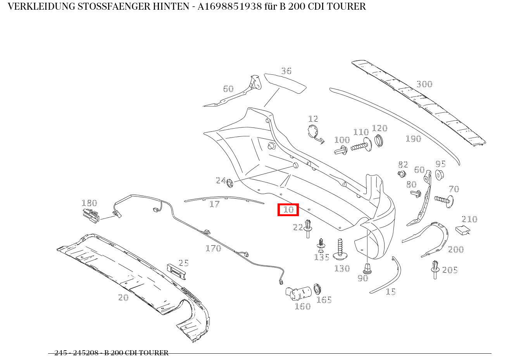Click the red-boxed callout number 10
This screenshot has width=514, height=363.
pyautogui.click(x=288, y=210)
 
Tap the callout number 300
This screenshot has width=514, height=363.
pyautogui.click(x=424, y=84)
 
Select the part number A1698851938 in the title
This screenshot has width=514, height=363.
pyautogui.click(x=229, y=7)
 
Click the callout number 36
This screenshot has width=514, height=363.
pyautogui.click(x=286, y=71)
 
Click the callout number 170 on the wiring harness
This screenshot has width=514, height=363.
pyautogui.click(x=213, y=248)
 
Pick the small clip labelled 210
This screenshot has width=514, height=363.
pyautogui.click(x=461, y=230)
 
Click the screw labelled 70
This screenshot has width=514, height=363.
pyautogui.click(x=443, y=200)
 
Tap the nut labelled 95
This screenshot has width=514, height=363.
pyautogui.click(x=439, y=175)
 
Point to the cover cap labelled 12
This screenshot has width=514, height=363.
pyautogui.click(x=314, y=132)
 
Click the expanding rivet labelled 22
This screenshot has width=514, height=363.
pyautogui.click(x=308, y=228)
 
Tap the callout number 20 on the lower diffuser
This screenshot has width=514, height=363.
pyautogui.click(x=123, y=297)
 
